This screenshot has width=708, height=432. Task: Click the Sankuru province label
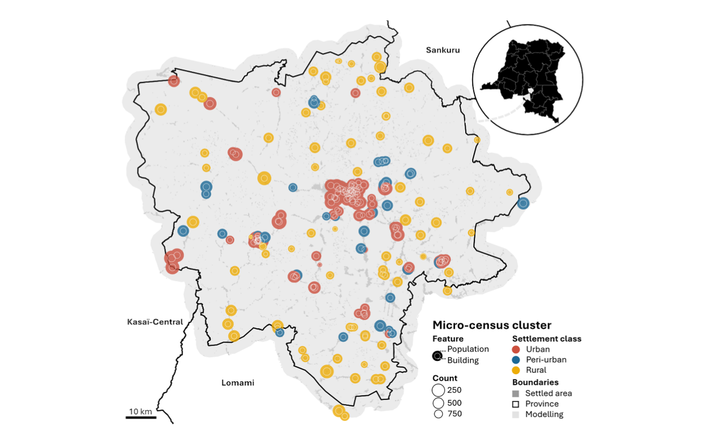pyautogui.click(x=443, y=50)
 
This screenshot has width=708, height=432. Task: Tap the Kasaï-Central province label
pyautogui.click(x=155, y=322)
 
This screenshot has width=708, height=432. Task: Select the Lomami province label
pyautogui.click(x=237, y=383)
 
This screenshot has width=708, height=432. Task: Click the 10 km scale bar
pyautogui.click(x=141, y=416)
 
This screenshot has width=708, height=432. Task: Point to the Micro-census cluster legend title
pyautogui.click(x=491, y=325)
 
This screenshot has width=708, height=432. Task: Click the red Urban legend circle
pyautogui.click(x=517, y=350)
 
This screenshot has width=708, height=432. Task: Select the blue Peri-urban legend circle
pyautogui.click(x=517, y=360)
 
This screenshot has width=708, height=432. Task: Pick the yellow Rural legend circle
pyautogui.click(x=517, y=370)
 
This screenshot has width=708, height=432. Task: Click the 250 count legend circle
pyautogui.click(x=438, y=390)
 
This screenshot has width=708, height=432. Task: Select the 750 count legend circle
pyautogui.click(x=438, y=414)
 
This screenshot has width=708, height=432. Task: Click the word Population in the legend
pyautogui.click(x=468, y=349)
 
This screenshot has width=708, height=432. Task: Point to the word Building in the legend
pyautogui.click(x=463, y=360)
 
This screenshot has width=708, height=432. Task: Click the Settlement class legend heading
pyautogui.click(x=547, y=338)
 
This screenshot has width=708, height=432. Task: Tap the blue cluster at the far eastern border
pyautogui.click(x=523, y=203)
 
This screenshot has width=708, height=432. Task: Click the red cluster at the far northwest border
pyautogui.click(x=173, y=81)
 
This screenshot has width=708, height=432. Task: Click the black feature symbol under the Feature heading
pyautogui.click(x=437, y=356)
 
